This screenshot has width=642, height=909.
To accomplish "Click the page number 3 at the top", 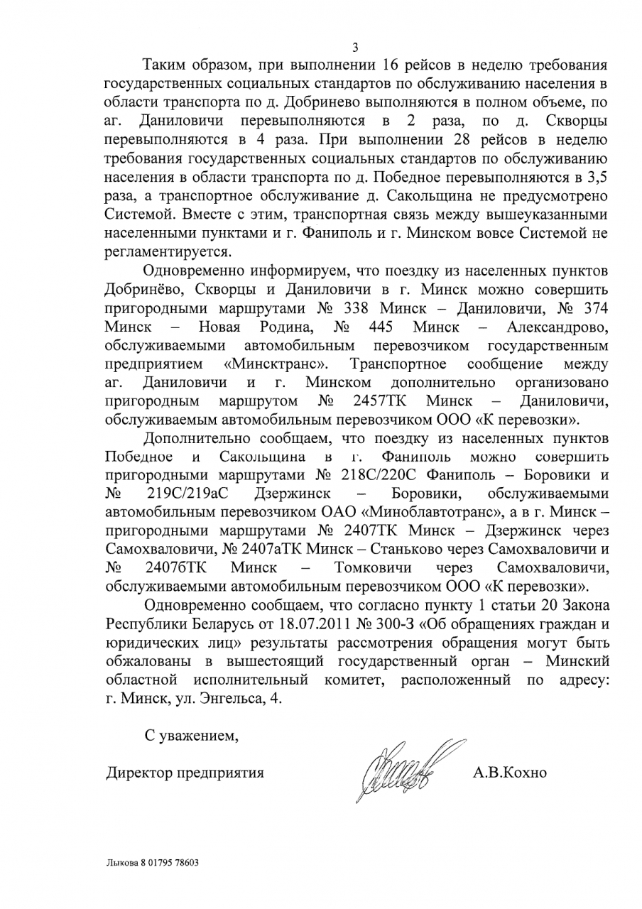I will click(x=355, y=48).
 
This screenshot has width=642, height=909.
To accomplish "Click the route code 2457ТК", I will click(x=379, y=401).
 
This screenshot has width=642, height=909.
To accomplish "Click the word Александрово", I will click(x=557, y=327).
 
